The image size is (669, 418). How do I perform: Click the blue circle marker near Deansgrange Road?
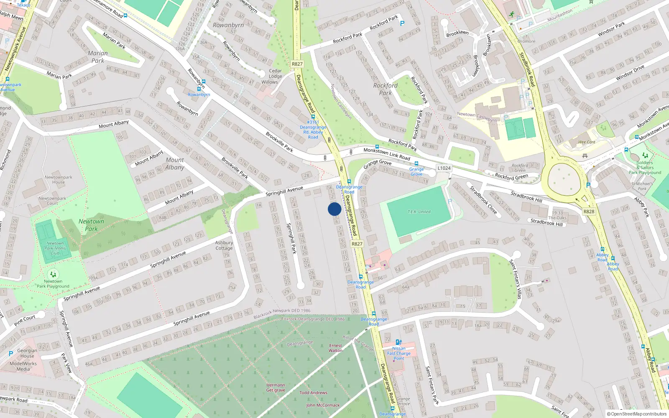tap(334, 209)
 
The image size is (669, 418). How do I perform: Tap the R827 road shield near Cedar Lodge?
tap(297, 64)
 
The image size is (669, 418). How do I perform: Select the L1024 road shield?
tap(444, 168)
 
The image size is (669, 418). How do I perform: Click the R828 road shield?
tap(589, 212)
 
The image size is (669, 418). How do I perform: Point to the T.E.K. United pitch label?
tap(419, 212)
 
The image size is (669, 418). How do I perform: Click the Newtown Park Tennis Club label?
tap(55, 248)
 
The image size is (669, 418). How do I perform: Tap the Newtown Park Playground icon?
tap(53, 274)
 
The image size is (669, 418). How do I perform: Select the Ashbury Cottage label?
tap(224, 245)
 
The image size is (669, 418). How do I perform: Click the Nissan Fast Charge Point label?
tap(399, 353)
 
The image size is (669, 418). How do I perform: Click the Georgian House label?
tap(27, 354)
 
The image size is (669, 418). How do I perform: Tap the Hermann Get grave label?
tap(276, 388)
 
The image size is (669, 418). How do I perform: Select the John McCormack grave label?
tap(323, 405)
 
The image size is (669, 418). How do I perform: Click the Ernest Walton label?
tap(335, 348)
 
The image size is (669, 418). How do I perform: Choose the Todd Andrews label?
tap(313, 393)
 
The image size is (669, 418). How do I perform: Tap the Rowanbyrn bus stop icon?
tap(199, 89)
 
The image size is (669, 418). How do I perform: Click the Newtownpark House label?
tap(59, 180)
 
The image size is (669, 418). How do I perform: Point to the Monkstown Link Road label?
tap(387, 154)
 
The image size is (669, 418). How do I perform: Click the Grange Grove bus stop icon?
tap(416, 163)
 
